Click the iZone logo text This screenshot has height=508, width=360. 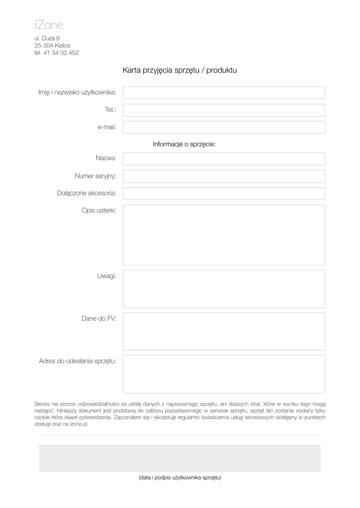(49, 24)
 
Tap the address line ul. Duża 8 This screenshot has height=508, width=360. (47, 38)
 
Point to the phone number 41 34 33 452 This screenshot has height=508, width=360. (61, 53)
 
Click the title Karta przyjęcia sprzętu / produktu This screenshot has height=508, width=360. (180, 70)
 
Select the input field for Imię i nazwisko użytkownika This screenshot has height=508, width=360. (224, 93)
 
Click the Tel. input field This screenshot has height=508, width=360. (224, 110)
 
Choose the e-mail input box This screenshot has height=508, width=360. (224, 127)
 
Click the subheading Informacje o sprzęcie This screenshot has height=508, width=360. (184, 144)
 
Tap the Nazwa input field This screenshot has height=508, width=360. (224, 159)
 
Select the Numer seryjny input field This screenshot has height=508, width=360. (224, 176)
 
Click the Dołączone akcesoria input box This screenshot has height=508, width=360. (224, 193)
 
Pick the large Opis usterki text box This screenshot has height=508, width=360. (224, 235)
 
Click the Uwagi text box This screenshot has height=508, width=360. (224, 289)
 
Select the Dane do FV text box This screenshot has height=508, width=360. (224, 331)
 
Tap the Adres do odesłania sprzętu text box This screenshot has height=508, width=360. (224, 374)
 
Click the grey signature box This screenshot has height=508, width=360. (180, 458)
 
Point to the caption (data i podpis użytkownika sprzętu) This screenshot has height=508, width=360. (180, 478)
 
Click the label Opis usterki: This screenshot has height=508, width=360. (99, 211)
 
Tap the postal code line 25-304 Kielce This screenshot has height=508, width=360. (52, 46)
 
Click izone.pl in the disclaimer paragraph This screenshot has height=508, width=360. (78, 425)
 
